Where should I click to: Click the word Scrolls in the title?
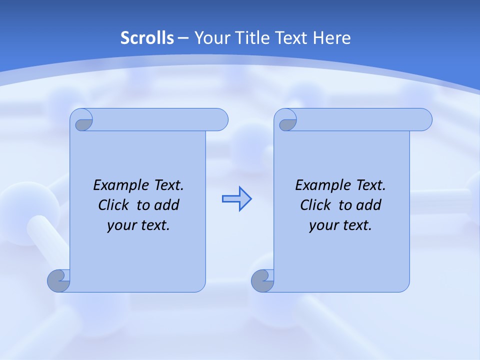[147, 38]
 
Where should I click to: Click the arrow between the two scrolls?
[236, 199]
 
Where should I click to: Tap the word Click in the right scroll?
[315, 205]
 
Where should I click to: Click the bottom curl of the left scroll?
[59, 280]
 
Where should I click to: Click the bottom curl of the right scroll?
[262, 280]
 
